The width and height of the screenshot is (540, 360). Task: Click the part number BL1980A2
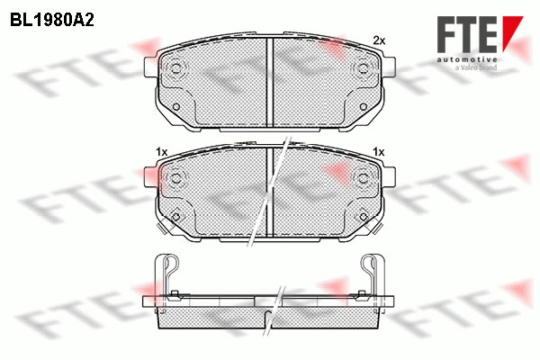52,20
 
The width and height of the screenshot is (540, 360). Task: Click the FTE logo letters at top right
467,34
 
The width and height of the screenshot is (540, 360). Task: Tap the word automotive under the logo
467,59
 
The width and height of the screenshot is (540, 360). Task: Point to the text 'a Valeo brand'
476,67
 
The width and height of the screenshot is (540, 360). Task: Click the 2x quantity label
379,40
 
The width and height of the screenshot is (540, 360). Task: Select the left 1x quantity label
161,151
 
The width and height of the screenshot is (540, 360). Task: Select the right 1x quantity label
379,151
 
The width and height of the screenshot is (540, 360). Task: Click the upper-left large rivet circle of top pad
176,67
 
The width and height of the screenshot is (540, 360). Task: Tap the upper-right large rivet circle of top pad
363,67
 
